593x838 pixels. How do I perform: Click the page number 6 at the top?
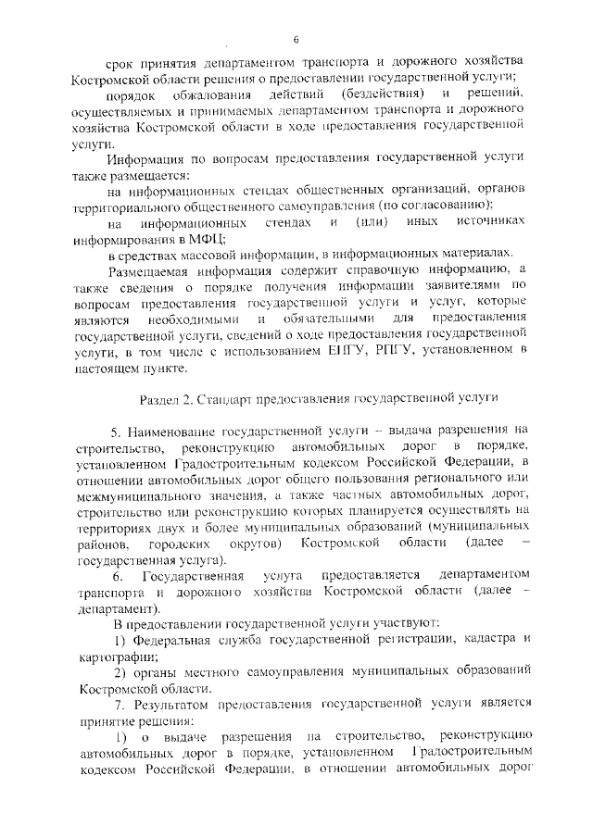point(296,39)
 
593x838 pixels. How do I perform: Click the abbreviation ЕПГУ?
point(367,349)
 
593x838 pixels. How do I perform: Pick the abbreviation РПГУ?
point(413,349)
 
